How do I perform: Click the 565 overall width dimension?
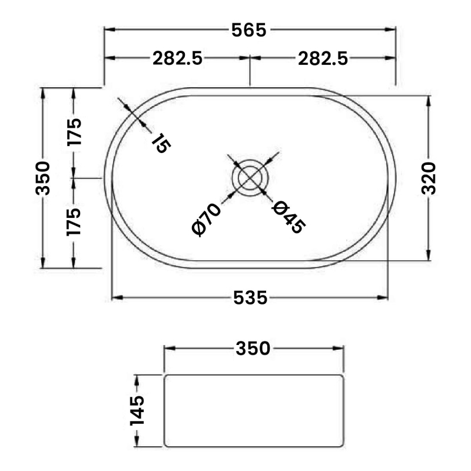250,29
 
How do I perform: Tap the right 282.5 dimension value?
323,58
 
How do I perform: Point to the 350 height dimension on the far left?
43,177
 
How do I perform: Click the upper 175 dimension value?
74,132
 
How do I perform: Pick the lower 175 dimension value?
74,221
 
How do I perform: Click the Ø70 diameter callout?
207,218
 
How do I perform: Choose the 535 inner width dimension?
250,298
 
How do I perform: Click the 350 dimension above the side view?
253,349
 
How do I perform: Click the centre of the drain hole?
250,177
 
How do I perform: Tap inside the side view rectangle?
253,410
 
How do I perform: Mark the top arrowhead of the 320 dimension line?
429,98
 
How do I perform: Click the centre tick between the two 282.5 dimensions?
250,58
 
